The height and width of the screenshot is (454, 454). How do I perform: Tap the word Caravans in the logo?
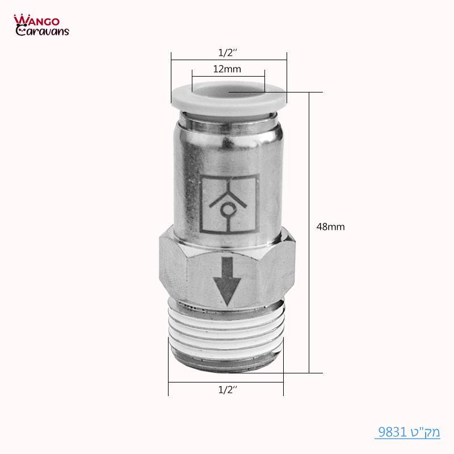pyautogui.click(x=43, y=31)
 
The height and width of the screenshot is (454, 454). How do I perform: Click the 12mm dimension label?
pyautogui.click(x=228, y=69)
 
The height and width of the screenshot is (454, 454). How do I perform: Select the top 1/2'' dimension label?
pyautogui.click(x=228, y=52)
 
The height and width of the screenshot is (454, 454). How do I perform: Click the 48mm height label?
pyautogui.click(x=331, y=226)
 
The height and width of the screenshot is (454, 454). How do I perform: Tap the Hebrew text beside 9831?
pyautogui.click(x=425, y=432)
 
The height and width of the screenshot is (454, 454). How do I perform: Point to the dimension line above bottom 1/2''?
pyautogui.click(x=226, y=382)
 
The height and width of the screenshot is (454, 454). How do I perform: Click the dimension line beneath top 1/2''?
pyautogui.click(x=229, y=60)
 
